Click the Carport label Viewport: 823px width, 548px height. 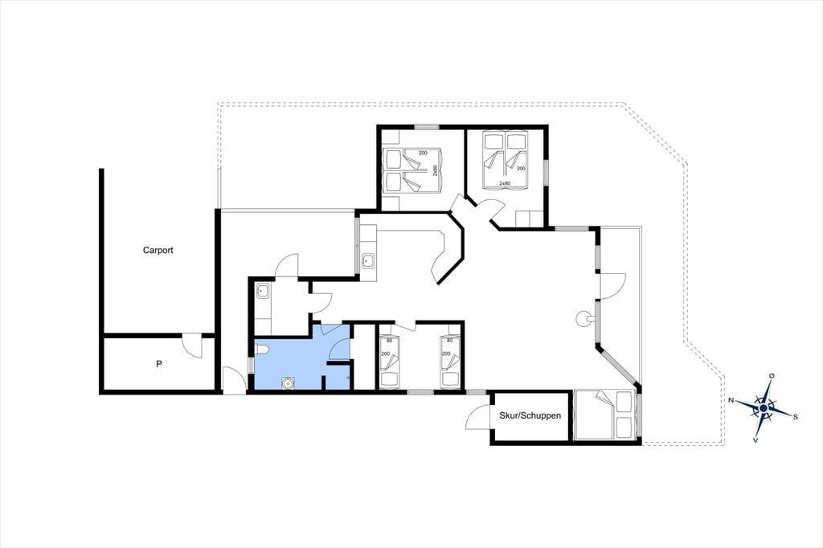pos(158,251)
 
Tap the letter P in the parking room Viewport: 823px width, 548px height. pos(158,363)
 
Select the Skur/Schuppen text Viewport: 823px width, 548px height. pos(530,415)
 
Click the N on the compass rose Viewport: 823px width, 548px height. pos(731,400)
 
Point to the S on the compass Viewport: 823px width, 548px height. pos(795,417)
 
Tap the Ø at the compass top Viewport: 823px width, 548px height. pos(771,376)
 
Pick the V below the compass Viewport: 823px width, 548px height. pos(755,440)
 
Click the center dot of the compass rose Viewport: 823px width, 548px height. pos(764,408)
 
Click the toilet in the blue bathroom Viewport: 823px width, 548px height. pos(262,350)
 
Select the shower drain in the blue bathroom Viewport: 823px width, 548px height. pos(288,383)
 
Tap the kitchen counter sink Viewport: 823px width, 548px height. pos(368,260)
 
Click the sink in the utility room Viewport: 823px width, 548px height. pos(263,292)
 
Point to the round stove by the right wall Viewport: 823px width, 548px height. pos(583,318)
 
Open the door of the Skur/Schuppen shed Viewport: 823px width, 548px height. pos(478,417)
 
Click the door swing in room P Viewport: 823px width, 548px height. pos(191,346)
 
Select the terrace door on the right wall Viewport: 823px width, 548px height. pos(612,286)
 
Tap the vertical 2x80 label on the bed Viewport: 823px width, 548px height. pos(435,170)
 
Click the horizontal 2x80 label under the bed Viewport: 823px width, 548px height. pos(505,183)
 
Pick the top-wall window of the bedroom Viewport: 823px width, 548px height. pos(426,126)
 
